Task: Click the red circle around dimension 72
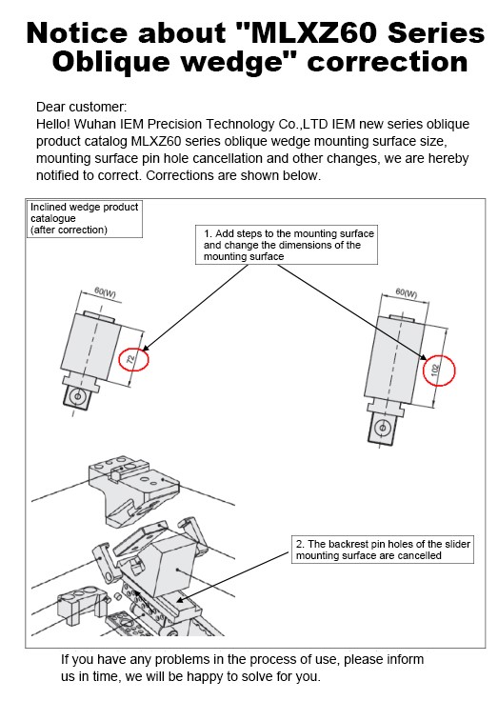tap(120, 358)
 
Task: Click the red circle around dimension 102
tap(425, 371)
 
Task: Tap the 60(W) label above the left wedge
tap(105, 292)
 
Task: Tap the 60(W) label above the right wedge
tap(407, 292)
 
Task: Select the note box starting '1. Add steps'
tap(287, 245)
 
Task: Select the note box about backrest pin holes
tap(383, 550)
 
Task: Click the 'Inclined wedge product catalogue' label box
tap(85, 218)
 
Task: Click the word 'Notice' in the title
tap(77, 33)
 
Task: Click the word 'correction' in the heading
tap(388, 62)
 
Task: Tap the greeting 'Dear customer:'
tap(81, 107)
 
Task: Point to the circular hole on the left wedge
tap(78, 396)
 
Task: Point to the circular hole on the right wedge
tap(382, 428)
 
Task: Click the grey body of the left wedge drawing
tap(90, 347)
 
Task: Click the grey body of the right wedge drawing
tap(394, 357)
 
